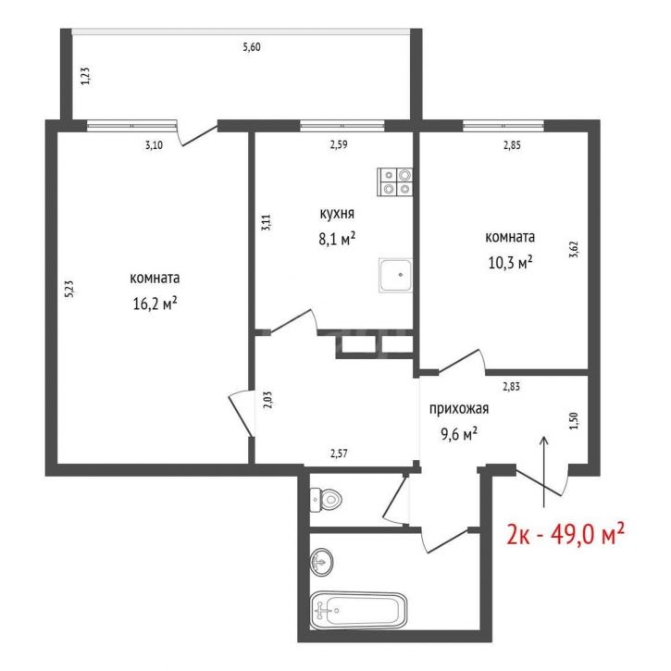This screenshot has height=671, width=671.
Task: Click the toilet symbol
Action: pos(326,499)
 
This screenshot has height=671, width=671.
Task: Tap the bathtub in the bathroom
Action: pos(358,610)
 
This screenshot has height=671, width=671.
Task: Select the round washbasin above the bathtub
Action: pos(322,562)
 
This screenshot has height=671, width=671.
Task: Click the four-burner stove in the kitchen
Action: pos(394,182)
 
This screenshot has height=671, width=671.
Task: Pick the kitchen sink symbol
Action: pos(395,275)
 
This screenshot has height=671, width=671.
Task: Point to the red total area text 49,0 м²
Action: pos(587,534)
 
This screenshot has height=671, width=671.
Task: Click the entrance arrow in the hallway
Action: pos(544,472)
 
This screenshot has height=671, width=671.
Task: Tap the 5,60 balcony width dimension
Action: pos(252,47)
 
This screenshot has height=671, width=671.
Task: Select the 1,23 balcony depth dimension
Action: pos(85,76)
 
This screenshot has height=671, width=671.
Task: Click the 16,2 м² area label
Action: pos(155,304)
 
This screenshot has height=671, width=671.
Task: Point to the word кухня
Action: pos(337,213)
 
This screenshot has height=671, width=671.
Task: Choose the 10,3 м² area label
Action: pos(510,262)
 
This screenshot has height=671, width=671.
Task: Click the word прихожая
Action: pos(459,409)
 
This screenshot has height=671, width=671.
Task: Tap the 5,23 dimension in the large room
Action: pos(69,289)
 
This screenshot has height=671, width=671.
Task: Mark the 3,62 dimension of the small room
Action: pos(574,249)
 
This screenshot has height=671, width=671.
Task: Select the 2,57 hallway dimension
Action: pos(339,454)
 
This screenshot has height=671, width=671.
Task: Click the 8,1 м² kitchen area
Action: pos(337,239)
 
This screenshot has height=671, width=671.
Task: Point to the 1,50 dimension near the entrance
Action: pos(575,421)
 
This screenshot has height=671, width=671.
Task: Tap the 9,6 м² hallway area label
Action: pos(459,434)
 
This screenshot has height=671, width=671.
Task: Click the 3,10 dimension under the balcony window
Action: pos(154,145)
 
